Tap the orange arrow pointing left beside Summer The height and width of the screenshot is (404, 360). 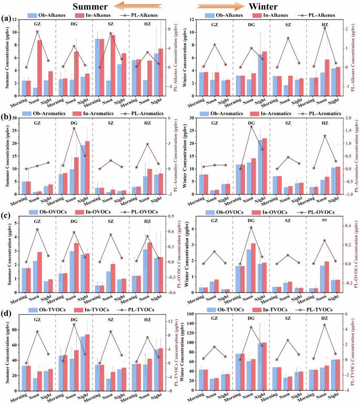coord(131,6)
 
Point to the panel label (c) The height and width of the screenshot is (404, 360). coord(6,216)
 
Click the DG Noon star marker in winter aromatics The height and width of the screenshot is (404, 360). coord(251,127)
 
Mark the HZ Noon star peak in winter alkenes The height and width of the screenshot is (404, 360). coord(325,28)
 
